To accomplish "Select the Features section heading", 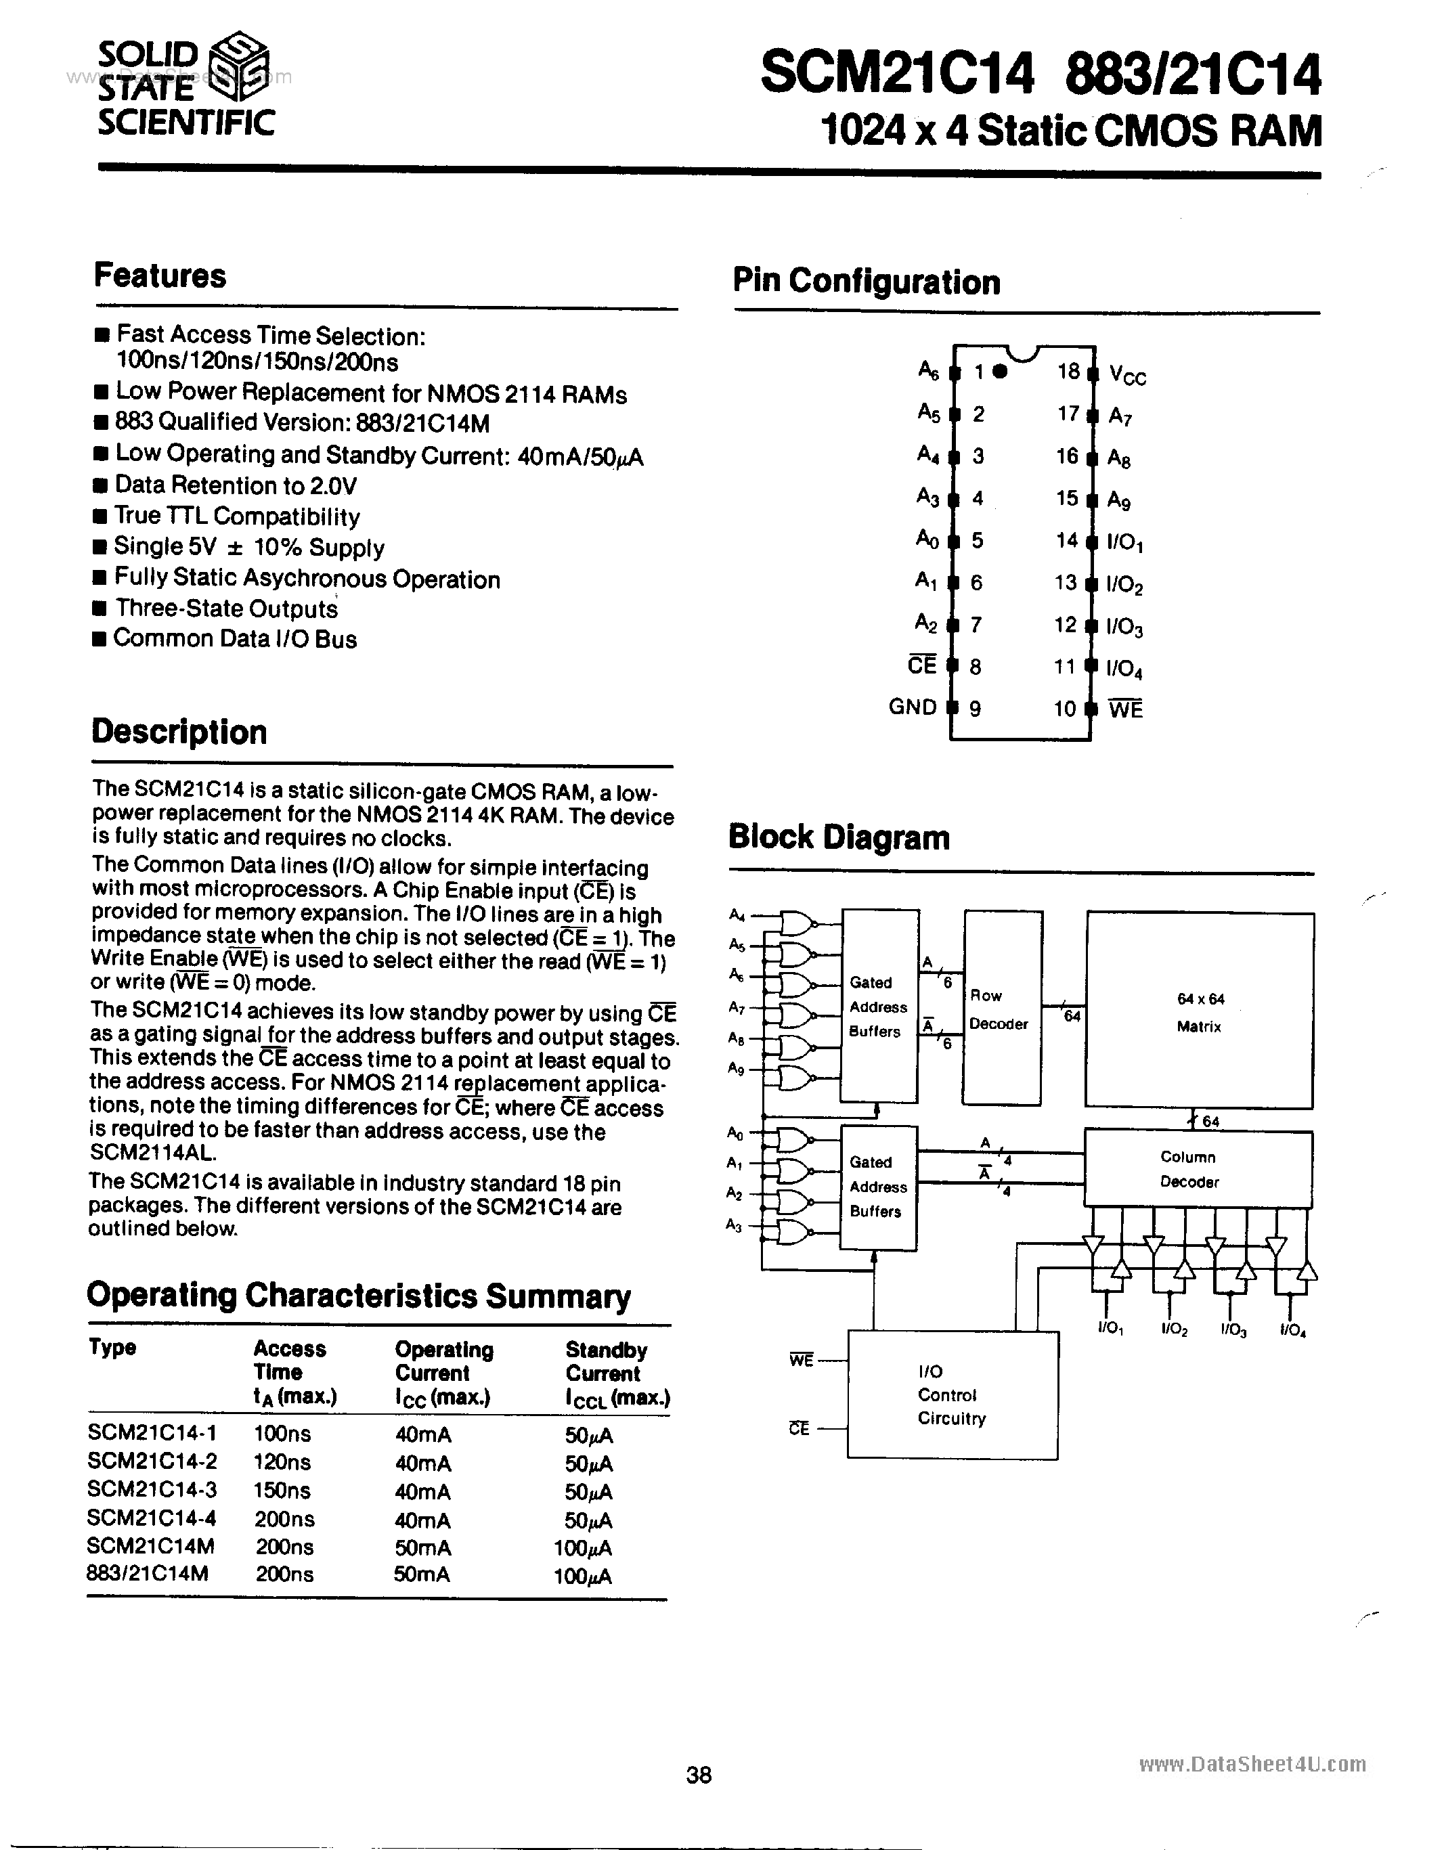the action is click(x=160, y=276).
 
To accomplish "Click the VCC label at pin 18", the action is click(x=1126, y=375).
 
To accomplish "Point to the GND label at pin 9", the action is click(x=912, y=707).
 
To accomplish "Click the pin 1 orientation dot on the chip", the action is click(x=1000, y=371).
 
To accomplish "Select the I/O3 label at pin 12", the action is click(x=1124, y=627).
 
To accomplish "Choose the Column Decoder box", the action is click(x=1198, y=1169).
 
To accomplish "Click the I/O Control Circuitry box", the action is click(x=952, y=1394).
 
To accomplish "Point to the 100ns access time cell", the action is click(x=283, y=1433).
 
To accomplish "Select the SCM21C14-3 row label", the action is click(x=152, y=1490).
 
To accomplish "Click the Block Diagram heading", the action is click(x=839, y=837).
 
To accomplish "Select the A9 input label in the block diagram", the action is click(x=736, y=1069).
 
